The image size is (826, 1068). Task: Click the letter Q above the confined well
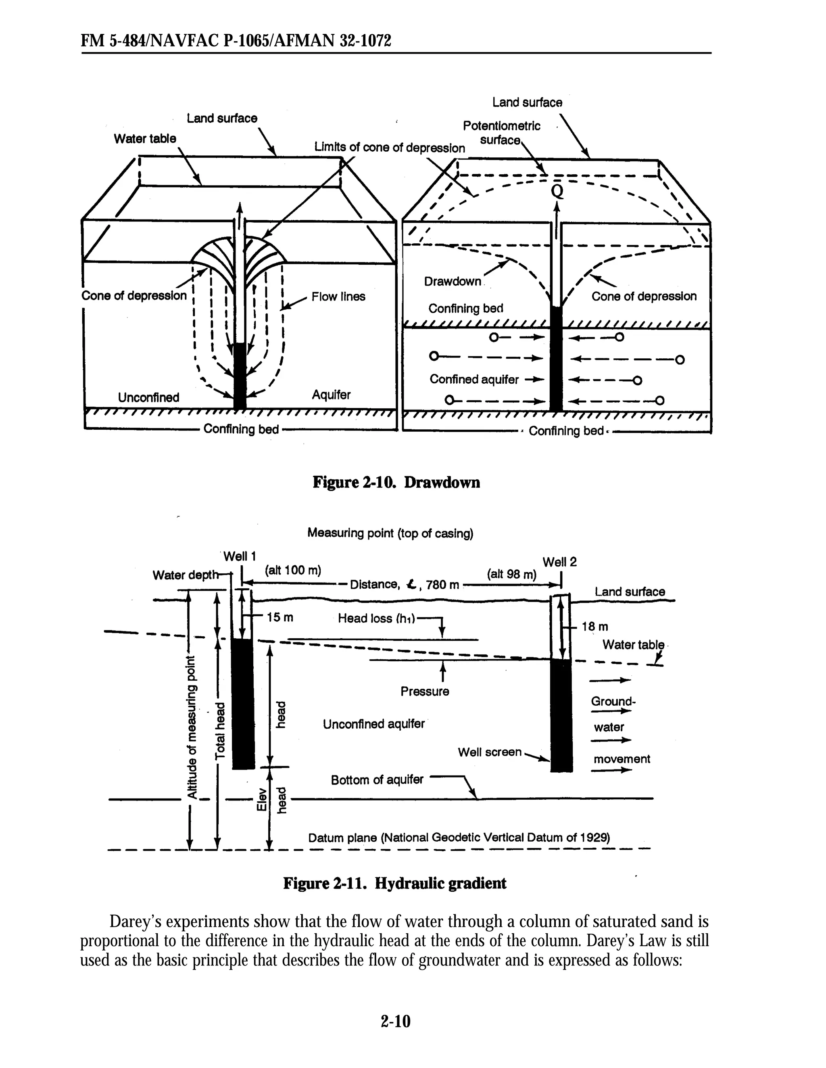557,191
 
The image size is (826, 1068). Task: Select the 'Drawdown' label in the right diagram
453,282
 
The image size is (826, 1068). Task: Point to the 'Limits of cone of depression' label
390,148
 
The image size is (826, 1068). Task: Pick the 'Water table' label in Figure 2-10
145,139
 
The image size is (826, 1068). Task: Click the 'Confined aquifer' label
474,380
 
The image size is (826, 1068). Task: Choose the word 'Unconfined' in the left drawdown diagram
148,397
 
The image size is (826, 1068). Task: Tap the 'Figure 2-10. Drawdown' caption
396,483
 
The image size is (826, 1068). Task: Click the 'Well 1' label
240,556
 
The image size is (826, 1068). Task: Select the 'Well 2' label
560,562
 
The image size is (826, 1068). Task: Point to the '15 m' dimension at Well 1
280,618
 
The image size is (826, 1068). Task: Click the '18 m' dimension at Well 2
595,627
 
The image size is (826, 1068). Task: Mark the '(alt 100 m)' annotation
293,570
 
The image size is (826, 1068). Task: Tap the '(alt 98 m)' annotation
512,575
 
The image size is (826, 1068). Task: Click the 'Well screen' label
489,752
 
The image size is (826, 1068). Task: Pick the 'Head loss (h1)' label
376,619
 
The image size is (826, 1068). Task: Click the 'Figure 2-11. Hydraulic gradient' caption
395,884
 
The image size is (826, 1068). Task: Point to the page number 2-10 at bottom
396,1021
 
